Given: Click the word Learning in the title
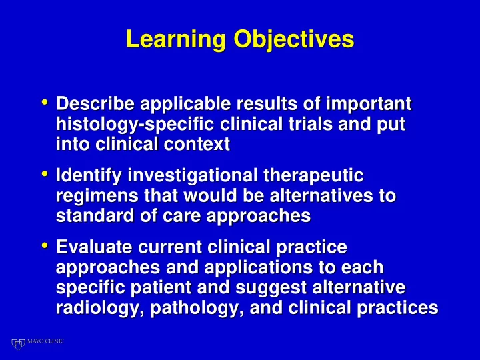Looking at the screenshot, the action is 176,40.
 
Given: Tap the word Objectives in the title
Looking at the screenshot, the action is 294,40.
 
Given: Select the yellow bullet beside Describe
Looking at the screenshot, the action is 45,102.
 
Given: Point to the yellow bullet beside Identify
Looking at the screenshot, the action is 45,174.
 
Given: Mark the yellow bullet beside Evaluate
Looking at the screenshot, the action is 45,245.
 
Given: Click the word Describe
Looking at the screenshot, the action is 95,103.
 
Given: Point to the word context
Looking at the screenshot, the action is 197,145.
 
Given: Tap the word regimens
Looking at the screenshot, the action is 97,197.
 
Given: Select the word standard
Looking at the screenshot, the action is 95,215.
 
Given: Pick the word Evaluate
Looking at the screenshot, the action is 94,247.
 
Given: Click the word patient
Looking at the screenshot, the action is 161,289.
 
